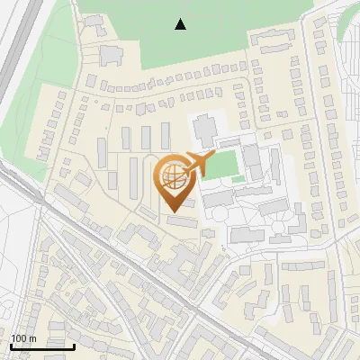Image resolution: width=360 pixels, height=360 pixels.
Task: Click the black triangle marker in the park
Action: click(x=181, y=24)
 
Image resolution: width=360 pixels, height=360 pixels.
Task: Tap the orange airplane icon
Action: click(x=196, y=163)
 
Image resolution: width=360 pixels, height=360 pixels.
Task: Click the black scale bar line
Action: click(x=42, y=346)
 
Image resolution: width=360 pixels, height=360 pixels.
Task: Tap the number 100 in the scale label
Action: click(x=19, y=338)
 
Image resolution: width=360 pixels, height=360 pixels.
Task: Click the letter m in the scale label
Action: click(x=32, y=338)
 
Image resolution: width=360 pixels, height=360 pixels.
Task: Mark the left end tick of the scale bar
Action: click(x=11, y=345)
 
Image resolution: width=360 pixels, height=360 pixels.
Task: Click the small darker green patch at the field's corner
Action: click(x=238, y=179)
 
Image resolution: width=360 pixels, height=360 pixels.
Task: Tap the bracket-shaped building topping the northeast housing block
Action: click(x=269, y=38)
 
